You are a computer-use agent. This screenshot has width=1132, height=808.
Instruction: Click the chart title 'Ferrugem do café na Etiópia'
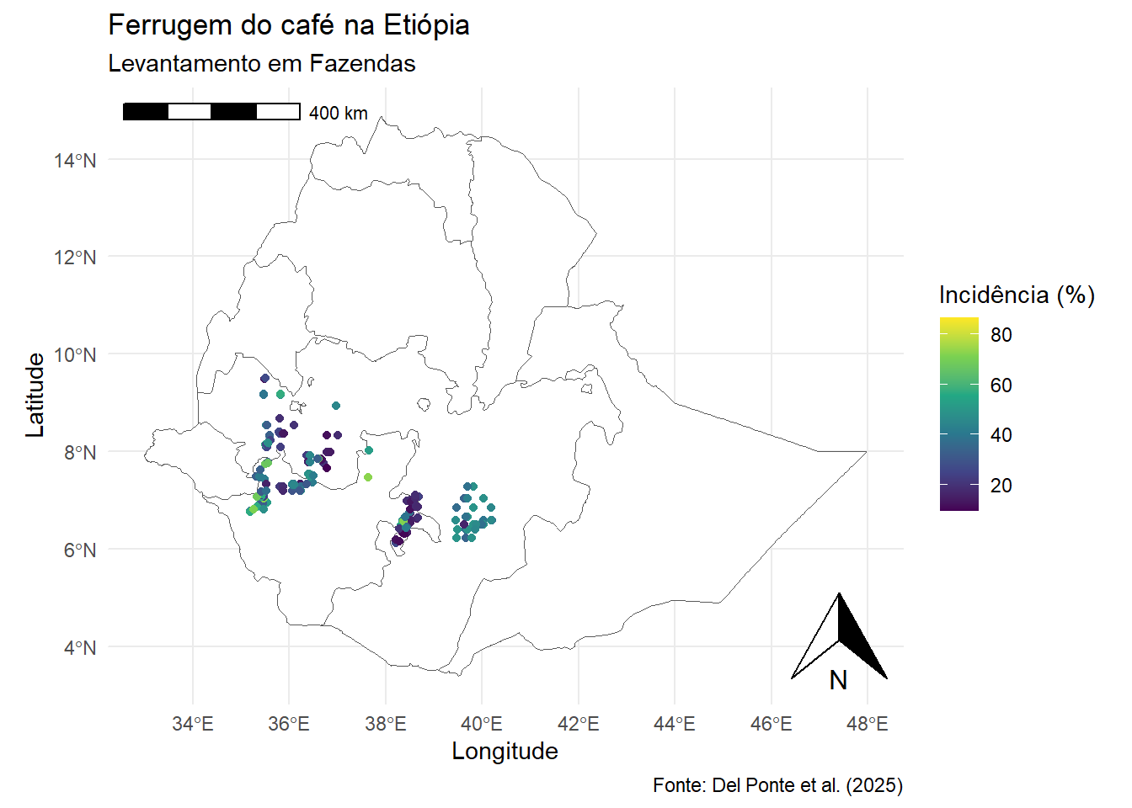[289, 25]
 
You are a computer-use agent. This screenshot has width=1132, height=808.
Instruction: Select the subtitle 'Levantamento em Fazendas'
[262, 64]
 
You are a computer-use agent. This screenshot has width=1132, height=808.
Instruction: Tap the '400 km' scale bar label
[338, 113]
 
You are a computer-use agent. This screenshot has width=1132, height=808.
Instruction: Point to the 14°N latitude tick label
[75, 160]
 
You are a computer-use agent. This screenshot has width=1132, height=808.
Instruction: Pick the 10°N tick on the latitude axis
[75, 355]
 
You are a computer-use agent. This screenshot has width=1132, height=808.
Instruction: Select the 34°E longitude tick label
[193, 724]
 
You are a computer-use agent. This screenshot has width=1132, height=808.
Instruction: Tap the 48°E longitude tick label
[867, 724]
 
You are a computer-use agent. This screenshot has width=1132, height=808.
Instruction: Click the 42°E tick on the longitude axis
[578, 724]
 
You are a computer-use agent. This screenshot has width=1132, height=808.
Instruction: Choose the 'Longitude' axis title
[505, 752]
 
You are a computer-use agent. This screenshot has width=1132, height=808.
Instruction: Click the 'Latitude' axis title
[35, 395]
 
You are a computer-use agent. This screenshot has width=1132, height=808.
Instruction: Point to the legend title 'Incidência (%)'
[1017, 295]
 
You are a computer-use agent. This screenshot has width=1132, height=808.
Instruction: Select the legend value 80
[1001, 335]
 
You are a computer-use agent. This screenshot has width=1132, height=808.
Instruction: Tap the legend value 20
[1001, 486]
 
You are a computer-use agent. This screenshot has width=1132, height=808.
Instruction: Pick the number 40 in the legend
[1001, 435]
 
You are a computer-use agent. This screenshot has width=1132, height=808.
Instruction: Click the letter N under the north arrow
[838, 680]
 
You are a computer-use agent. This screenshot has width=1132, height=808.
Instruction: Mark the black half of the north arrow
[857, 640]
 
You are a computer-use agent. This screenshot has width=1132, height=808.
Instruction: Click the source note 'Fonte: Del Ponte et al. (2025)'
[777, 785]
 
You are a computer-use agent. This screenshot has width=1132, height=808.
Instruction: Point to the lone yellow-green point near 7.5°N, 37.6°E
[368, 477]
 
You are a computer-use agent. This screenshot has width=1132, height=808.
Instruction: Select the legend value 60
[1001, 385]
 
